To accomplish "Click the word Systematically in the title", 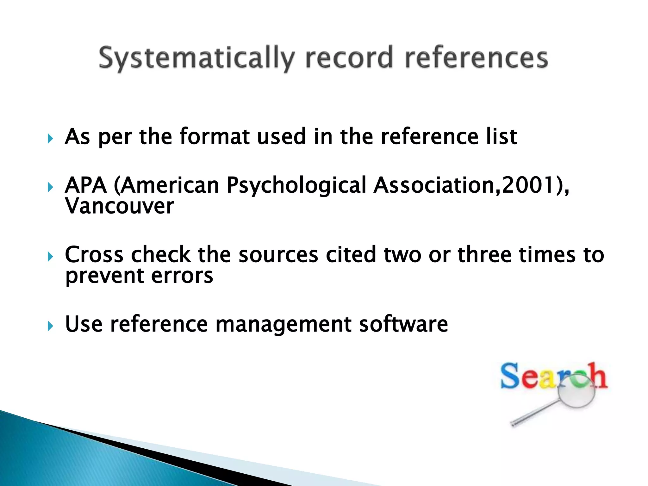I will coord(196,58).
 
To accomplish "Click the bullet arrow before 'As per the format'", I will coord(50,138).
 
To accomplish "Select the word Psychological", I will coord(296,185).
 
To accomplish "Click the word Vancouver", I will coord(120,206).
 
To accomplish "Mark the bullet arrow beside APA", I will coord(50,187).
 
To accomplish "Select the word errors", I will coord(182,276).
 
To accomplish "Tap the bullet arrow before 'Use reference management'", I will coord(50,326).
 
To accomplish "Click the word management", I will coord(283,325).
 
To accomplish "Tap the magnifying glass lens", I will coord(576,393).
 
